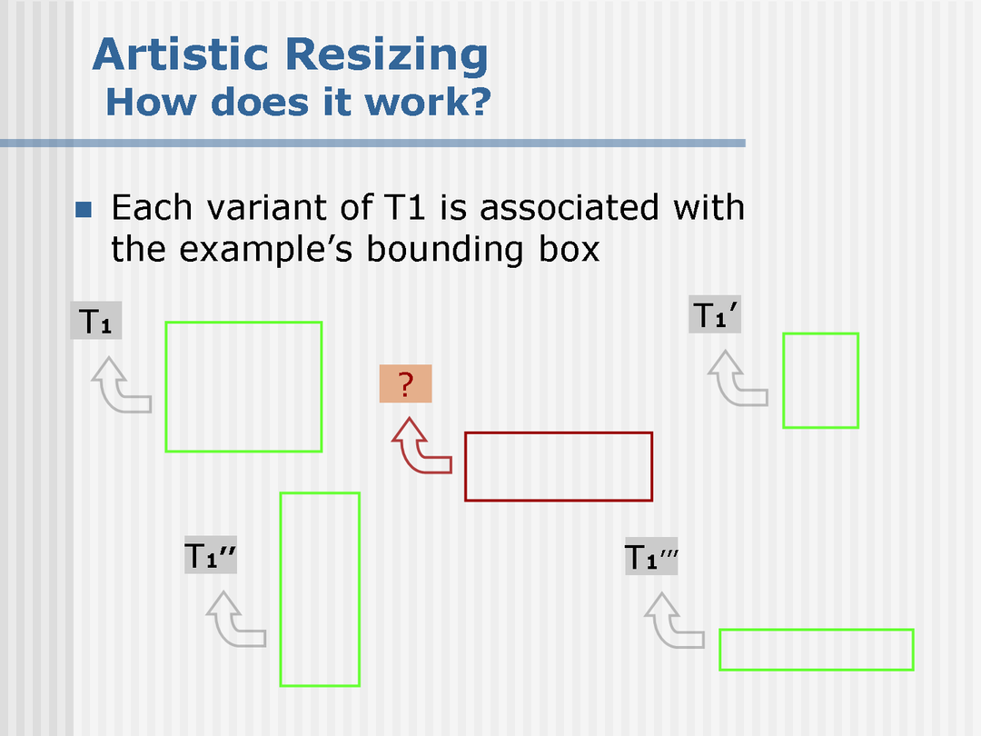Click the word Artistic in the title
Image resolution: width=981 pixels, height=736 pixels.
coord(181,55)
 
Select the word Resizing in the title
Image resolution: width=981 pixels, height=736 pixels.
coord(387,56)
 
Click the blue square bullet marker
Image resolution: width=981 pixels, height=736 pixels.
coord(84,209)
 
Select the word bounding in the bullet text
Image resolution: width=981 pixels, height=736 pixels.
coord(445,249)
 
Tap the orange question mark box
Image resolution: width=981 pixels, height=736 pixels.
coord(405,383)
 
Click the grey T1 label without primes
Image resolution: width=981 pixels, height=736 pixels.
coord(95,321)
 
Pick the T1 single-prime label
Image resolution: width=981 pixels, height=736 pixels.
coord(715,314)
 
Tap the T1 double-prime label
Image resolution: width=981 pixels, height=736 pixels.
coord(210,555)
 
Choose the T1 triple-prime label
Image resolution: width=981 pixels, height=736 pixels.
coord(651,556)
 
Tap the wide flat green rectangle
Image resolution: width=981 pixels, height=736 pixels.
coord(817,631)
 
